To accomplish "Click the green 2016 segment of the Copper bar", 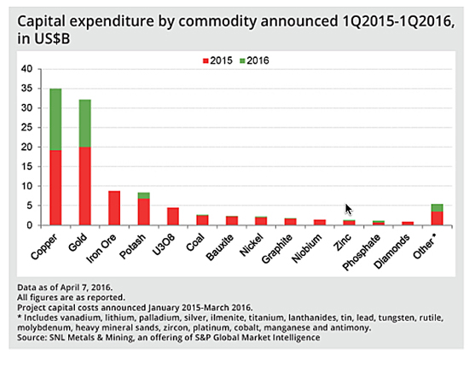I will point(55,119).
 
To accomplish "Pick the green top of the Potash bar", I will point(143,195).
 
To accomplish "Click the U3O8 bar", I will point(172,217).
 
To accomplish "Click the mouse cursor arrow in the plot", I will point(348,208).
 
